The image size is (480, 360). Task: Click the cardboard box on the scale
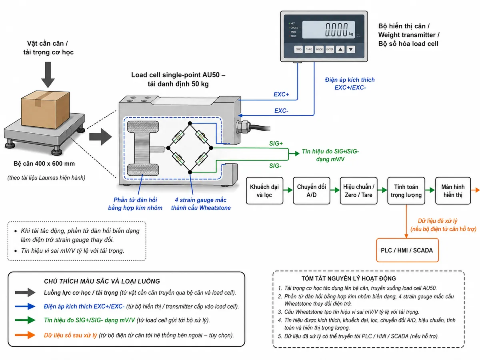coord(45,110)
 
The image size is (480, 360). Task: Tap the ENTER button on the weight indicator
coord(330,49)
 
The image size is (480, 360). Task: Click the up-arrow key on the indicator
coord(340,49)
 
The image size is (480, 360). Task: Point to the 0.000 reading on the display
coord(336,30)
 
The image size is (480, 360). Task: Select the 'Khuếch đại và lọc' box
coord(264,191)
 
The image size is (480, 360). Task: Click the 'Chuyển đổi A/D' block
coord(311,191)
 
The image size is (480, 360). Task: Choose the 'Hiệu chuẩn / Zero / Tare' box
coord(358,191)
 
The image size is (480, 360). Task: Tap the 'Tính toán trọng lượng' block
coord(406,191)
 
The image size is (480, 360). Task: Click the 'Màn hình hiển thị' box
coord(453,191)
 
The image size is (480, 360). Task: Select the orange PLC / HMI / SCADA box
coord(407,250)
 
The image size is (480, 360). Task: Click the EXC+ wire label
coord(281,94)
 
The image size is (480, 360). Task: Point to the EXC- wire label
coord(281,111)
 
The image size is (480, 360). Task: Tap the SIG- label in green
coord(275,166)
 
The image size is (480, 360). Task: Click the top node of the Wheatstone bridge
coord(190,124)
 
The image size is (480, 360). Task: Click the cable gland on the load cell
coord(242,127)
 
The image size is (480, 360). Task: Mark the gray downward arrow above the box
coord(48,75)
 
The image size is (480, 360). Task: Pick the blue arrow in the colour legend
coord(25,306)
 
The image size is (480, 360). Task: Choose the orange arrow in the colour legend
coord(25,335)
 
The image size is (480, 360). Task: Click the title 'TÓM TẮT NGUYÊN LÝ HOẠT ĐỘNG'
coord(348,278)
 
